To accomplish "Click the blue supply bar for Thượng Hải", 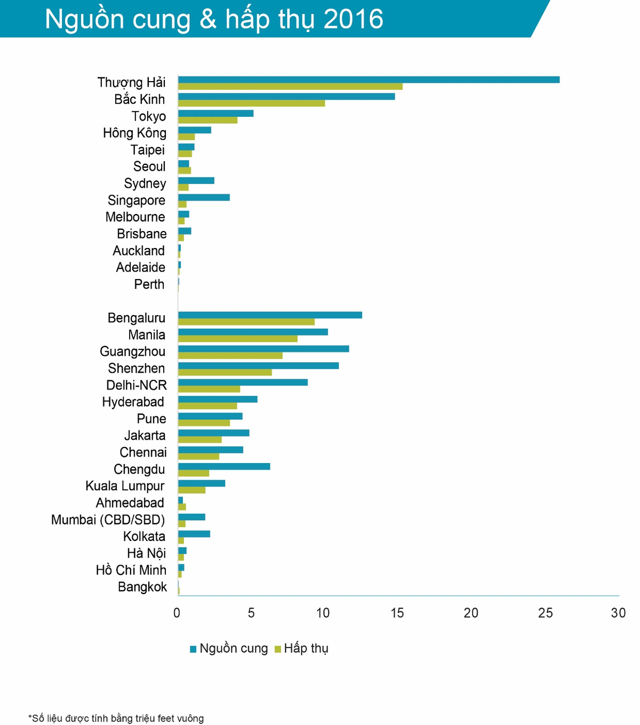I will pos(369,79).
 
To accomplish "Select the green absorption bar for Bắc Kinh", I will pos(251,103).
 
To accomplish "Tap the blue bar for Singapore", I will pos(204,197).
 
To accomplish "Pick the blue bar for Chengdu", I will pos(224,466).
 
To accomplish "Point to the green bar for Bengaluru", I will pos(246,322).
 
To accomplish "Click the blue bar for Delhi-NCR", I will pos(243,382).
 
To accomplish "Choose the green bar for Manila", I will pos(237,339).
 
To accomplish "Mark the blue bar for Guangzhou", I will pos(263,348).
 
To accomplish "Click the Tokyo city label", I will pos(149,116).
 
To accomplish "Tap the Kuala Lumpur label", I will pos(125,486).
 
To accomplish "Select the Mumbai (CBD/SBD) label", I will pos(108,520).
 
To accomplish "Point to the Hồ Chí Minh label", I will pos(131,570).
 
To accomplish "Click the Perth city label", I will pos(149,284).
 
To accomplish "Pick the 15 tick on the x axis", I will pos(397,613).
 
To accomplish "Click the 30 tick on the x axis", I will pos(618,613).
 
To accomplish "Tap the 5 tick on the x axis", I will pos(251,613).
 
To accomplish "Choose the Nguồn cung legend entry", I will pos(229,649).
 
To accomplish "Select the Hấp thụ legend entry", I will pos(302,649).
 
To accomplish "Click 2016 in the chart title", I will pos(353,19).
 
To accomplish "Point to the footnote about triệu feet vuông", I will pos(116,719).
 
